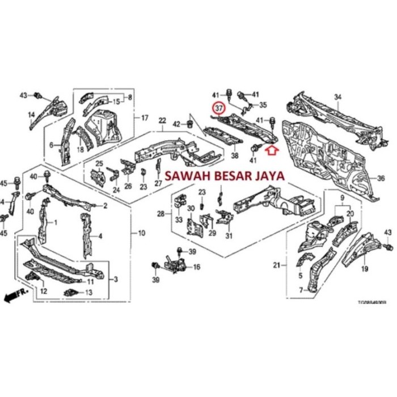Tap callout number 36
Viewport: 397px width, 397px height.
click(x=381, y=178)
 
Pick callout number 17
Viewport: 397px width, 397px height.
click(x=145, y=118)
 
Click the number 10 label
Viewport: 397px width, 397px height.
click(x=141, y=233)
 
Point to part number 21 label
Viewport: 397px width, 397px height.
click(x=292, y=265)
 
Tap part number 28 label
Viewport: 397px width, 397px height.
click(x=161, y=214)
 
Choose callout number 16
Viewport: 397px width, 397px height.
click(x=197, y=267)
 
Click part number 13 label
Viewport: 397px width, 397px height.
click(x=88, y=293)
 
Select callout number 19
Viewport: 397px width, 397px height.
click(x=365, y=269)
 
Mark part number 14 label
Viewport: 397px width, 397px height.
click(x=31, y=117)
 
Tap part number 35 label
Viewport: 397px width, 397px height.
click(x=263, y=105)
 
